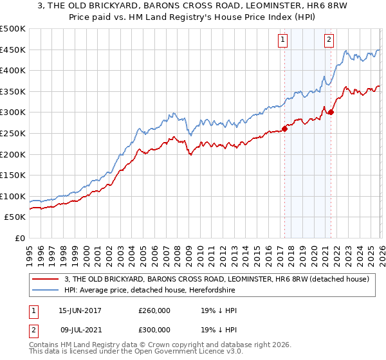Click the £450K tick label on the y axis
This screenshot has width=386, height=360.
coord(13,50)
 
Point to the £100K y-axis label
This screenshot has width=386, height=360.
coord(13,196)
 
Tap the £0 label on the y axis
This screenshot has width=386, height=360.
coord(19,238)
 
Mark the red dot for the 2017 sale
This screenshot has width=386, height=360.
coord(284,129)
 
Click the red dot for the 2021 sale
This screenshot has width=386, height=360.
coord(331,113)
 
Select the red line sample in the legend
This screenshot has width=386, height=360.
coord(46,279)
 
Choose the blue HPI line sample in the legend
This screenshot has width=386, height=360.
coord(46,290)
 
